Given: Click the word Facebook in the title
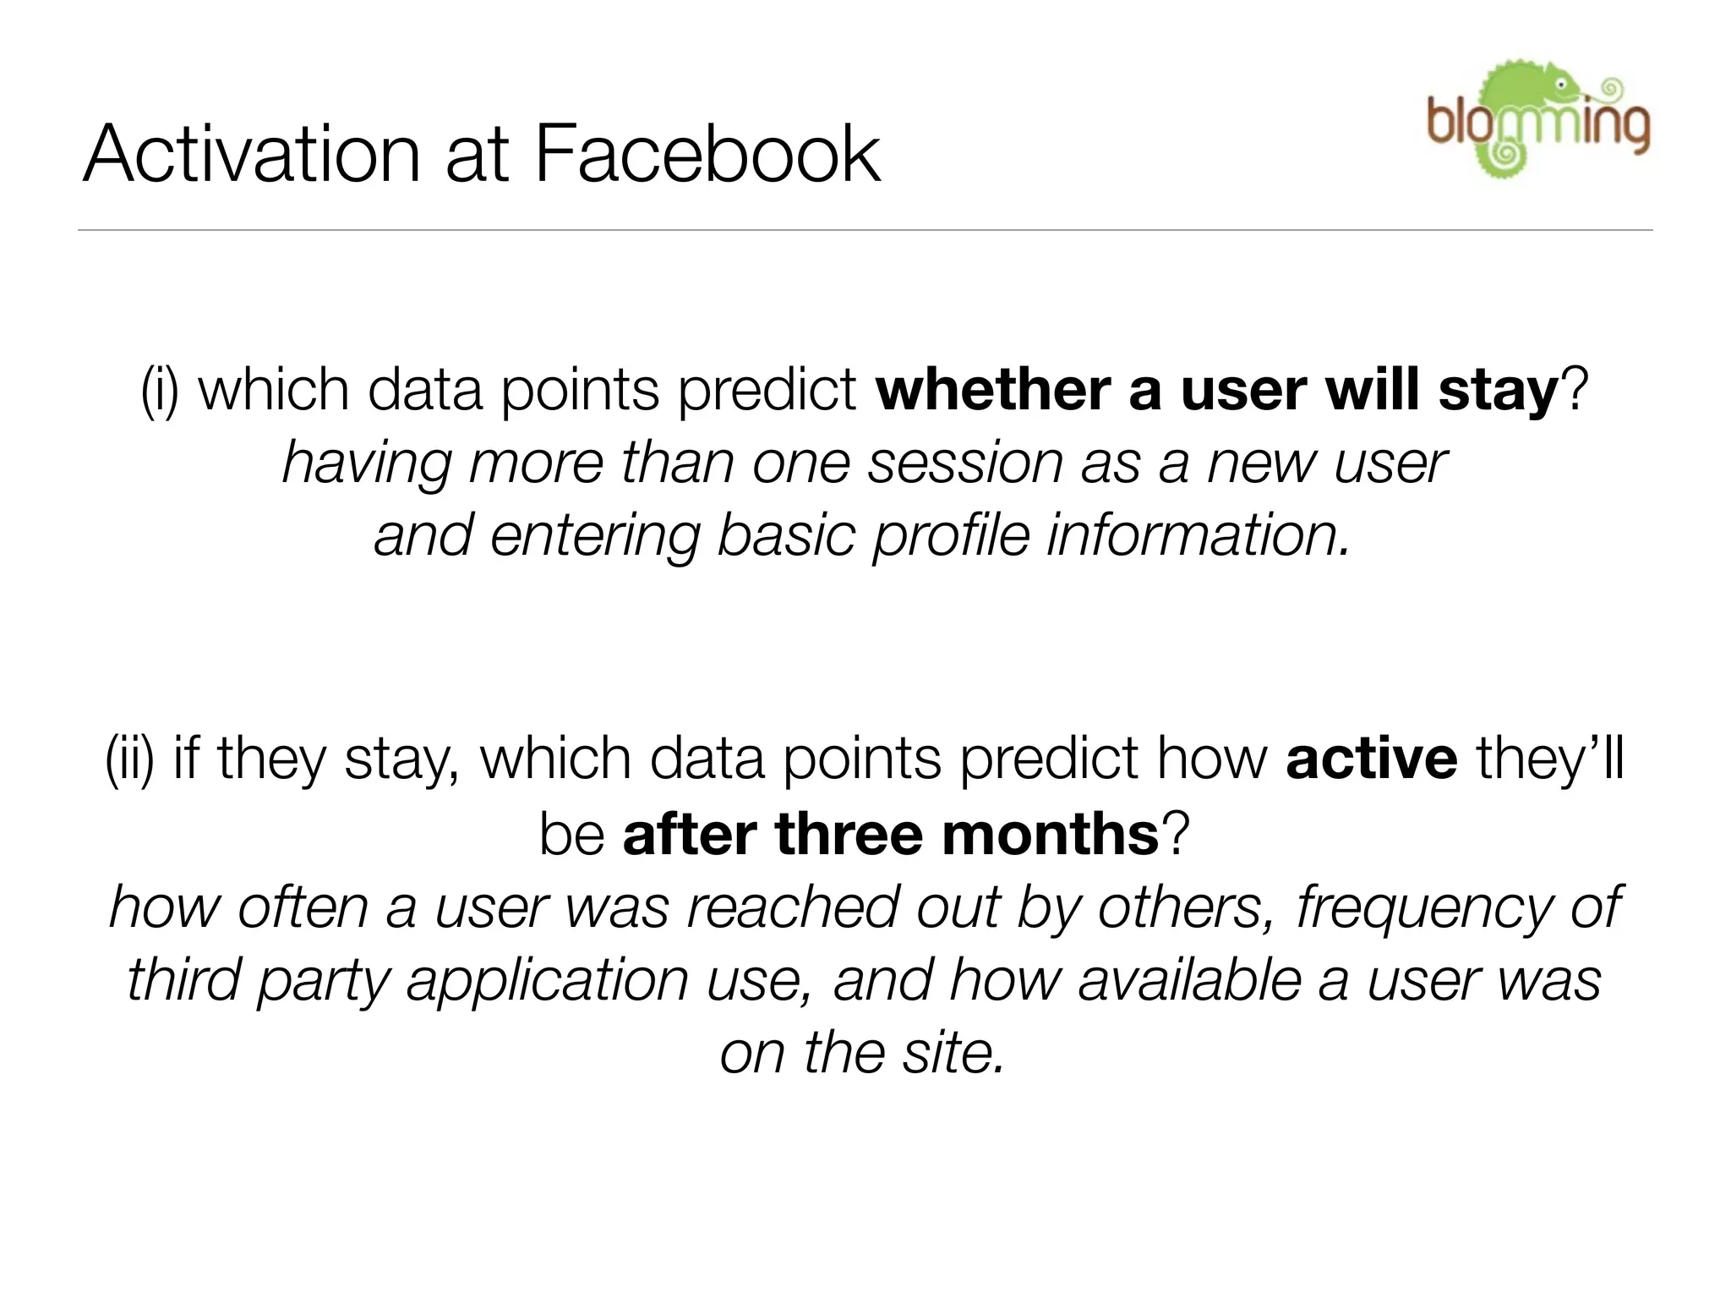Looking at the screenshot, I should (x=707, y=154).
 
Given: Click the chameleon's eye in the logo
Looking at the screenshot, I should (x=1562, y=85).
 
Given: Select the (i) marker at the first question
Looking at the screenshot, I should (x=160, y=391).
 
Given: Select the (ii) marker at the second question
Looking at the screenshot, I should (x=129, y=758).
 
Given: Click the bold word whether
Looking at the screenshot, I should (x=992, y=391).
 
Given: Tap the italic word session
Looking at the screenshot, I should (x=964, y=464).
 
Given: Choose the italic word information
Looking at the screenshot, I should (x=1198, y=536).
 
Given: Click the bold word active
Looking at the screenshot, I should (x=1371, y=758).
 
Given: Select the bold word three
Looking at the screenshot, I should (x=849, y=834).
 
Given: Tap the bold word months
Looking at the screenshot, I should (x=1051, y=834).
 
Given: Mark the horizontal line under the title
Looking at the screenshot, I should (x=865, y=230).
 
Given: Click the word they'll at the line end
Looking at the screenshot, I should (x=1549, y=758).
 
